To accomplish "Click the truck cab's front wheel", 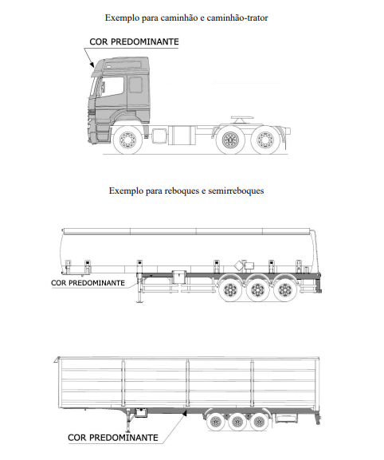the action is [127, 140].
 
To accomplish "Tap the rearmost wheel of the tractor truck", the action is [265, 140].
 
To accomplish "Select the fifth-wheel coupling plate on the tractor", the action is [242, 118].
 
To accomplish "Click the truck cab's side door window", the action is [112, 86].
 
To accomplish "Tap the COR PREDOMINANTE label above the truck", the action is [134, 41].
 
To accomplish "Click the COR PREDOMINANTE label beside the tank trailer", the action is [88, 283].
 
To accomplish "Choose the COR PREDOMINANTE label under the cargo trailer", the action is [113, 438].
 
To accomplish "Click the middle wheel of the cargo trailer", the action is [237, 422].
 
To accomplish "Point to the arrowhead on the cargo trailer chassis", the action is [184, 413].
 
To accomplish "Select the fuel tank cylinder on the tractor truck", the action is [184, 135].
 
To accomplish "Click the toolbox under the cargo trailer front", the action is [141, 412].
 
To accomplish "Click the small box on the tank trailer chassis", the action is [178, 277].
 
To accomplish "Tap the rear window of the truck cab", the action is [135, 85].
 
